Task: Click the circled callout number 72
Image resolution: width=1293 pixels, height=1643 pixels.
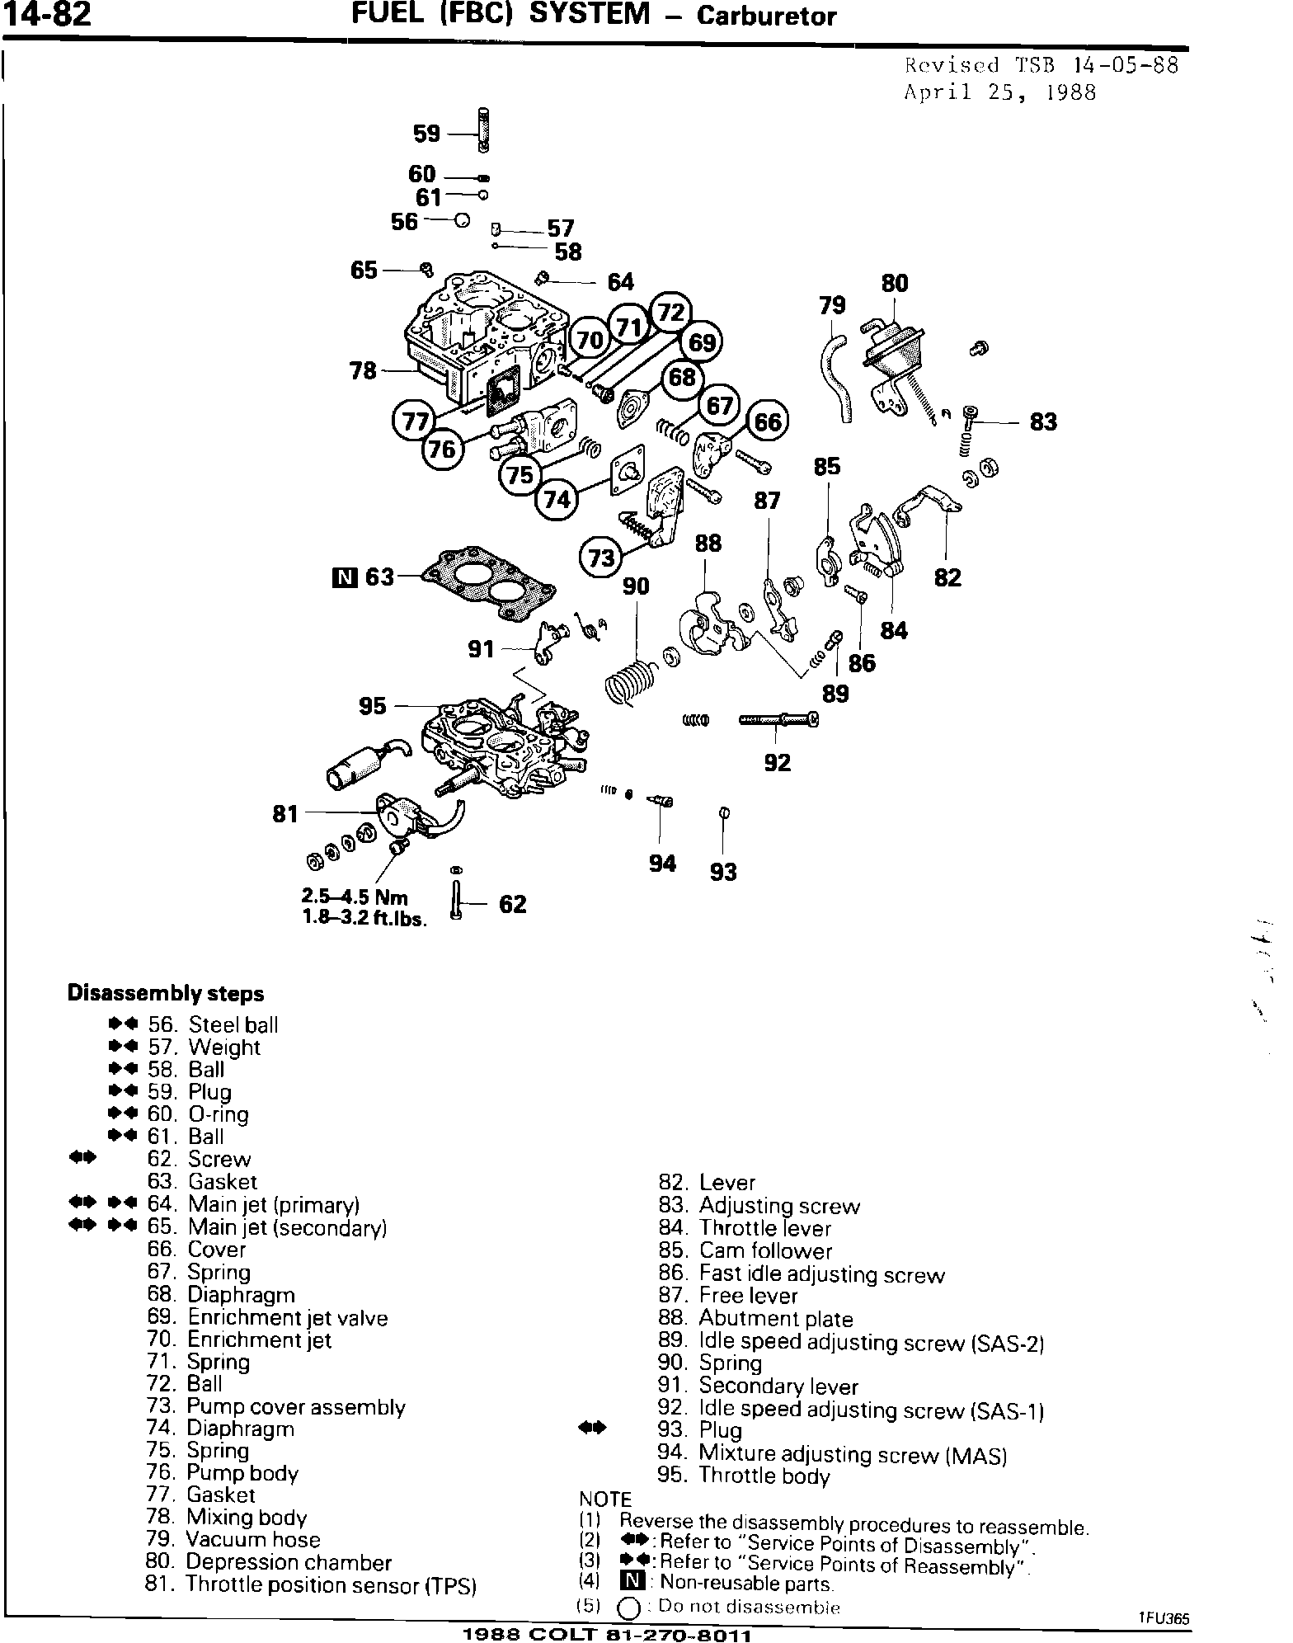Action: coord(672,312)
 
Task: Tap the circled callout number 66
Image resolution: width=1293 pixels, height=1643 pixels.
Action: coord(768,421)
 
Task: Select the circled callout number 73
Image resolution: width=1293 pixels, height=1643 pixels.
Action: coord(603,558)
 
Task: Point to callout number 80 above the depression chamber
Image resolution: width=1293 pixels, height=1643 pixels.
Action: coord(895,284)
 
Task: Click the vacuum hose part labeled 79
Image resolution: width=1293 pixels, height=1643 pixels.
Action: coord(835,376)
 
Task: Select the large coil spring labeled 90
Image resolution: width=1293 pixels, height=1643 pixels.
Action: coord(631,681)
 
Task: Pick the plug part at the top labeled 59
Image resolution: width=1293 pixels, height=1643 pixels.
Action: coord(482,131)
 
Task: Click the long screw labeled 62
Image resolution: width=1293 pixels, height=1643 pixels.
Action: coord(456,900)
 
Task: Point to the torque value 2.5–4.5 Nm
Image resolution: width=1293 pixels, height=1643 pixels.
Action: coord(355,897)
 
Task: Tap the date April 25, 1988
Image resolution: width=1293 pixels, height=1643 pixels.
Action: coord(999,92)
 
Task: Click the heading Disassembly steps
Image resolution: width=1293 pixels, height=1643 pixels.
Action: coord(166,993)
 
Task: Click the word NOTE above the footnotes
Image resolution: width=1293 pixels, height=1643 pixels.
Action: coord(605,1499)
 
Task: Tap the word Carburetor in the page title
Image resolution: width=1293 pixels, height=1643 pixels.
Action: coord(767,16)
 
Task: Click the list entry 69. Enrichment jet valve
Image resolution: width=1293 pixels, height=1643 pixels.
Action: coord(267,1317)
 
